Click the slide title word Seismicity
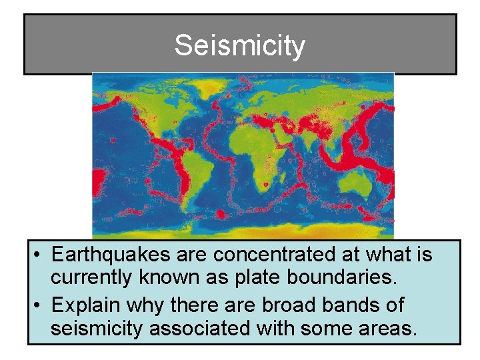239,46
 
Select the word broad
282,305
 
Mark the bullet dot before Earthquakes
40,255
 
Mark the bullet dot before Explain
40,306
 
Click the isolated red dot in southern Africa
266,184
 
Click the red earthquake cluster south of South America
220,215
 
